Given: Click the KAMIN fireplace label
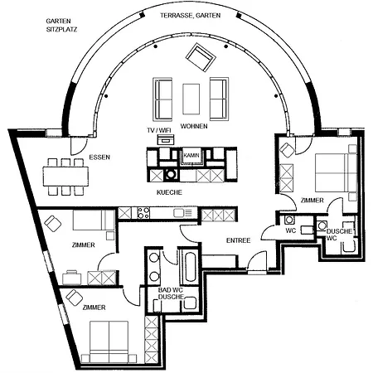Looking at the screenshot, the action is (191, 156).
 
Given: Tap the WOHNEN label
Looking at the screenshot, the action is (194, 126).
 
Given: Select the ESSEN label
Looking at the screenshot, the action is (99, 157).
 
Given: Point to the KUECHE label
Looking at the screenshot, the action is (169, 192).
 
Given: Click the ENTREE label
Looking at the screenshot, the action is (238, 240).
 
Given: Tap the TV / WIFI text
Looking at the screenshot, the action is (159, 130).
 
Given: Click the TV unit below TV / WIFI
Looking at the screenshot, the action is (166, 140).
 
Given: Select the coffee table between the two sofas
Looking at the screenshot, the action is (191, 99).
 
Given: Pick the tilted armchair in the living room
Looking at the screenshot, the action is (201, 57).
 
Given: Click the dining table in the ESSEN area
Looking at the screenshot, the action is (65, 176).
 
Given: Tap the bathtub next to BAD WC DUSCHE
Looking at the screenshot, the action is (191, 267).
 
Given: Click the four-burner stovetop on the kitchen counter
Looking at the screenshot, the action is (143, 213).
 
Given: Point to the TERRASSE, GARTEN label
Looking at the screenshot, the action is (191, 16).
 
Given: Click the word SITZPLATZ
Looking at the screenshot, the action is (61, 29).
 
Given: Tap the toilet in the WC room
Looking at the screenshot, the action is (289, 220).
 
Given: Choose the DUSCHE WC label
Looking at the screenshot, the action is (339, 235).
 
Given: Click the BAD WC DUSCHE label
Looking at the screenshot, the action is (171, 293).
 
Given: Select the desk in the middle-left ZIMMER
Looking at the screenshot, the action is (72, 278).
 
